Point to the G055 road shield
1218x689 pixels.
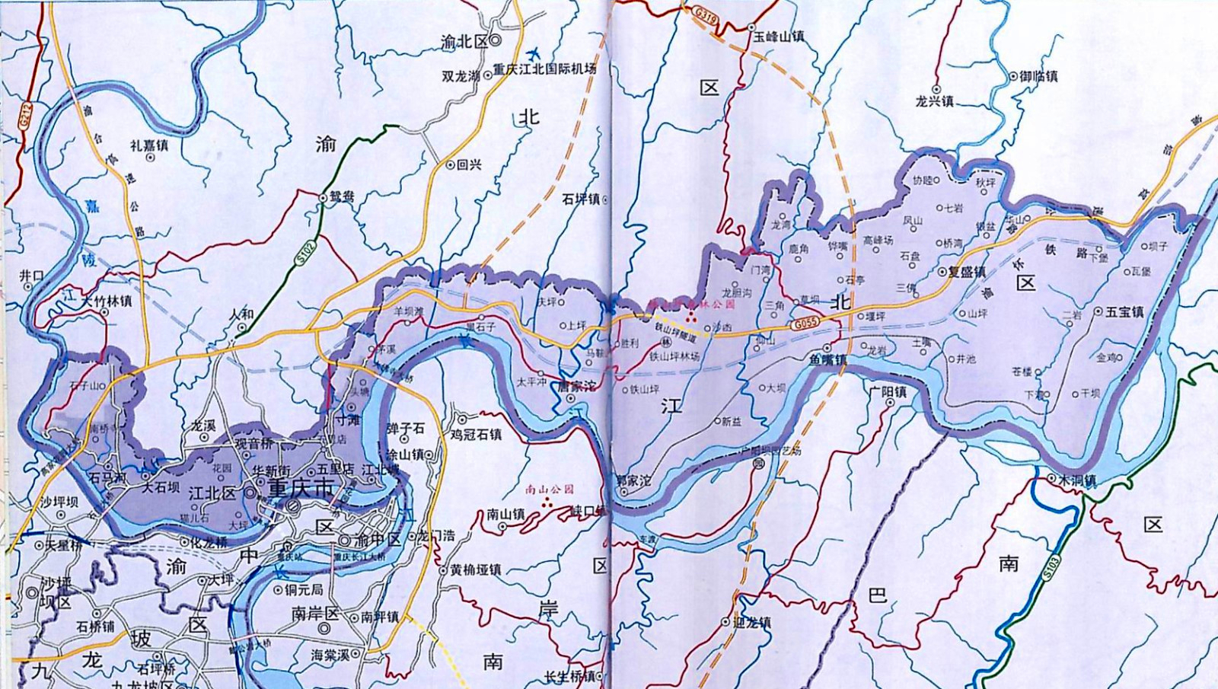804,324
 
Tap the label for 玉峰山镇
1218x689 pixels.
779,36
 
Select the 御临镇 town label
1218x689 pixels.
1038,76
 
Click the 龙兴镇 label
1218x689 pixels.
934,101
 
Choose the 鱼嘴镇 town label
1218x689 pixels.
827,359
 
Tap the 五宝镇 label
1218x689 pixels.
1125,311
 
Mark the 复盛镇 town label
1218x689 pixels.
967,272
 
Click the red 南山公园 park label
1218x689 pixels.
550,490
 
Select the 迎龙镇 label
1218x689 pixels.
750,622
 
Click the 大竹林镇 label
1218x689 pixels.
107,301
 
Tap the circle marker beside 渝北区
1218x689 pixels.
495,40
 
